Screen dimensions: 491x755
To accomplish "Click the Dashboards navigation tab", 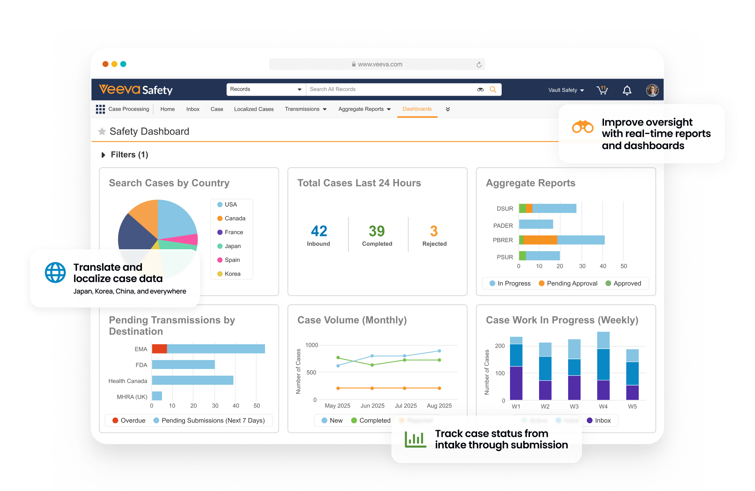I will [417, 109].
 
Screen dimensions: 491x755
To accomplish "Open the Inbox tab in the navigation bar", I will [193, 109].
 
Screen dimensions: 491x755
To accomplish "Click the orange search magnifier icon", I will [493, 90].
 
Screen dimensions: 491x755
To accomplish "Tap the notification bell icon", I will [627, 90].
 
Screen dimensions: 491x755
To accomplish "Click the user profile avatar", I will [652, 90].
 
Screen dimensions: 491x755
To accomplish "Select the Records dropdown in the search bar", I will [266, 90].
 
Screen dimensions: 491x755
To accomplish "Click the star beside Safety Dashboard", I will [102, 131].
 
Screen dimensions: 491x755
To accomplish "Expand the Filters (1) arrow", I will [103, 155].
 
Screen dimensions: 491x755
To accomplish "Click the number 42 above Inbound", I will [319, 231].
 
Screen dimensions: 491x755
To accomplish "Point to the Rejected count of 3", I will [434, 231].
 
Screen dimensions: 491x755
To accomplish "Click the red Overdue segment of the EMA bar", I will [159, 349].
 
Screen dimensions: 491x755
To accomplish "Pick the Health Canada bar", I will [193, 380].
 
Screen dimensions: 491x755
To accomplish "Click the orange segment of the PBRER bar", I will [540, 240].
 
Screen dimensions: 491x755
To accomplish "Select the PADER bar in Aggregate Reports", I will [536, 224].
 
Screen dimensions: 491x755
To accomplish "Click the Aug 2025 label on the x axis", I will [439, 406].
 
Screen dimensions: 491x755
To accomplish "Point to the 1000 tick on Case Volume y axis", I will [311, 345].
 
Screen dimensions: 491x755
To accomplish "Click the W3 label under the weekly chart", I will [574, 406].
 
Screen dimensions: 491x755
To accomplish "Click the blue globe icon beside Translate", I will [55, 272].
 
